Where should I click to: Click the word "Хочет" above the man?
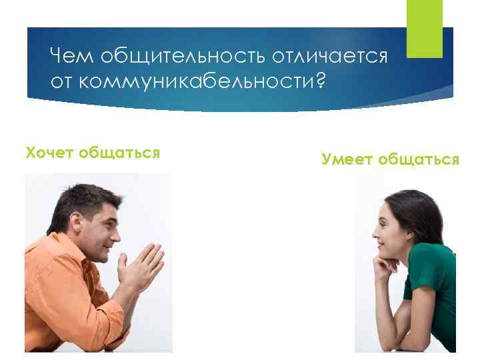[x=49, y=153]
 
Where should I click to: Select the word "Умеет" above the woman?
[x=347, y=159]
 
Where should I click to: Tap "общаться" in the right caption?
[x=419, y=159]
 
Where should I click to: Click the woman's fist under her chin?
[x=386, y=261]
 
